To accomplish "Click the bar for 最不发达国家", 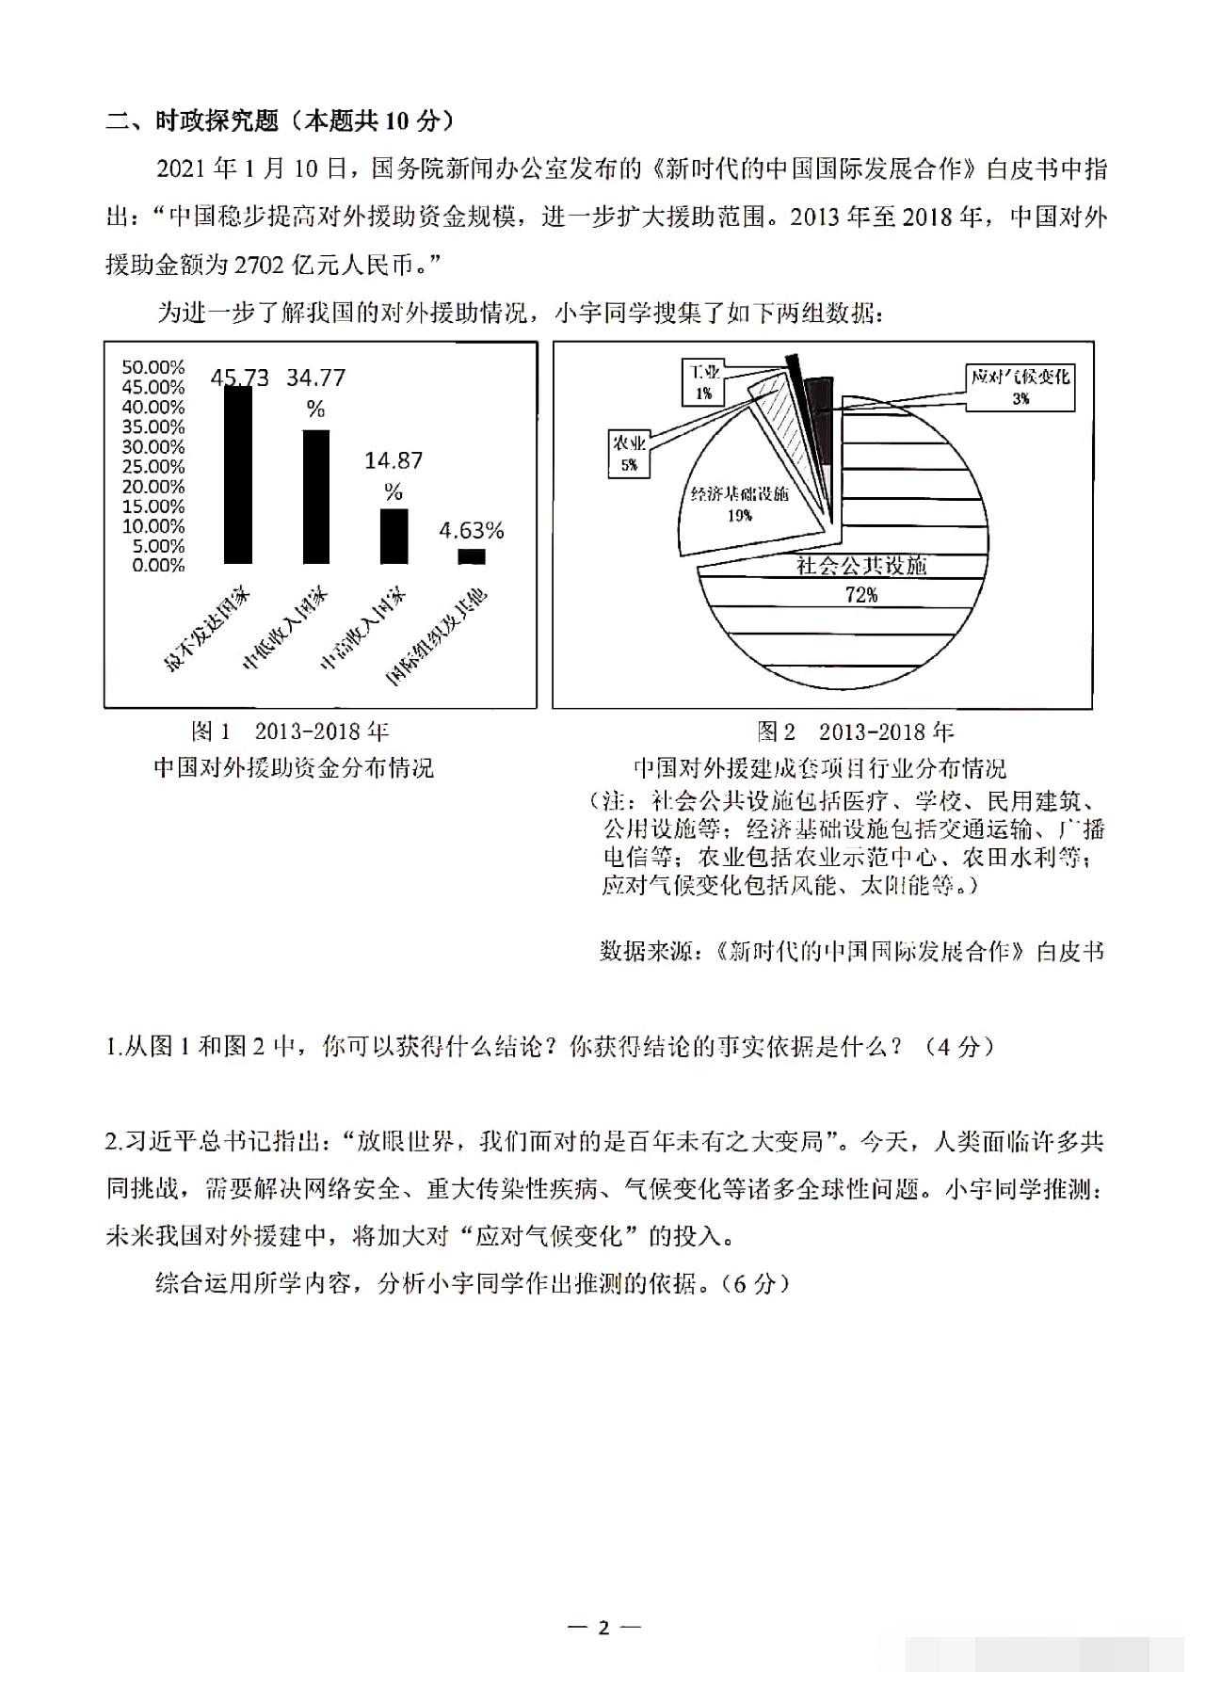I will (x=237, y=475).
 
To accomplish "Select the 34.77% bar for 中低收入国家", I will (x=315, y=497).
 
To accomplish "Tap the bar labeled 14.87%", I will (x=394, y=537).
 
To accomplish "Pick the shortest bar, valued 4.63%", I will (x=472, y=556).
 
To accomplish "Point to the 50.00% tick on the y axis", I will (x=153, y=367).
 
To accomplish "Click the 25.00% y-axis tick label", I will (x=153, y=467).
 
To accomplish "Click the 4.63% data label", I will (x=472, y=531).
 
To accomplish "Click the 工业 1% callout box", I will (x=704, y=382).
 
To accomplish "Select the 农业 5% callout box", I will (x=629, y=453).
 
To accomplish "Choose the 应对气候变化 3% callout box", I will (x=1020, y=386).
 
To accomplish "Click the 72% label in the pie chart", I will (x=861, y=595).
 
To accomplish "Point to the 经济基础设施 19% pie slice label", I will (x=739, y=504).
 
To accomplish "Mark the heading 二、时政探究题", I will (x=192, y=121).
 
